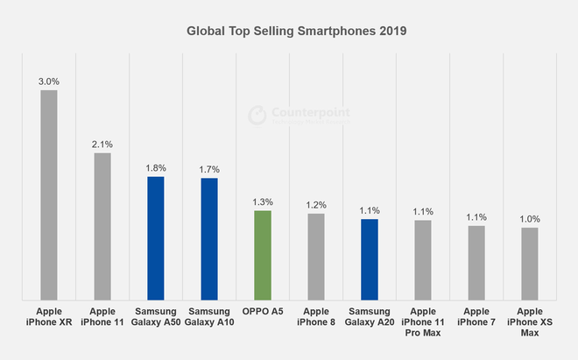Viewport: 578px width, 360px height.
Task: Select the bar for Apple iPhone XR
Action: pyautogui.click(x=48, y=194)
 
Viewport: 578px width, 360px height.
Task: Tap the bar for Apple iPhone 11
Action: pyautogui.click(x=102, y=226)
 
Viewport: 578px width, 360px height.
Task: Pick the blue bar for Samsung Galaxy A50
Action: pyautogui.click(x=156, y=238)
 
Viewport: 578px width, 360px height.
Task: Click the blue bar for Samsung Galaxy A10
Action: pyautogui.click(x=209, y=239)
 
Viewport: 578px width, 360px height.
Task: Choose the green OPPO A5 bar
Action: pyautogui.click(x=263, y=255)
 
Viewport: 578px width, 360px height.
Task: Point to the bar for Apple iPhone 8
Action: pyautogui.click(x=316, y=257)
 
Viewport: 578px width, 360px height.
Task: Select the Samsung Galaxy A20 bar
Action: pyautogui.click(x=370, y=259)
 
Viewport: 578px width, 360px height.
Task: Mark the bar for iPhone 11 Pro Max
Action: pyautogui.click(x=423, y=260)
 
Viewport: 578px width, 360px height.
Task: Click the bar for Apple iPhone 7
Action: pyautogui.click(x=476, y=263)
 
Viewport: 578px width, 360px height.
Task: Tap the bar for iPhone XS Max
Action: pyautogui.click(x=530, y=264)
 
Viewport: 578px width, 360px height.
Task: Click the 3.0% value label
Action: pyautogui.click(x=48, y=81)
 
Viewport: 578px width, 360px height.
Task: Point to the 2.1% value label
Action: pyautogui.click(x=102, y=145)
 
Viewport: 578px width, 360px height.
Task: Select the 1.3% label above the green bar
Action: pyautogui.click(x=263, y=202)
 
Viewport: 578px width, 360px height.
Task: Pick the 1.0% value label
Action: pyautogui.click(x=530, y=219)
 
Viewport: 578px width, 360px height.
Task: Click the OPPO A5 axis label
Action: pyautogui.click(x=263, y=311)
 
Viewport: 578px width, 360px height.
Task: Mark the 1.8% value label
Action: pyautogui.click(x=156, y=168)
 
